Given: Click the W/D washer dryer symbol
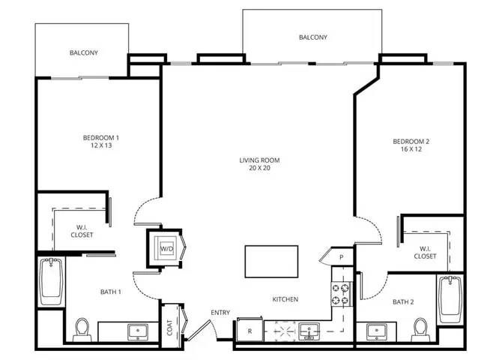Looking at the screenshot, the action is pyautogui.click(x=166, y=248).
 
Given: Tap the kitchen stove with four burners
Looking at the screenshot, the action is pyautogui.click(x=341, y=294).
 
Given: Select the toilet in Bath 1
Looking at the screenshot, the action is pyautogui.click(x=82, y=329).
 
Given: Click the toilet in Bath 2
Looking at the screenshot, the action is pyautogui.click(x=420, y=329).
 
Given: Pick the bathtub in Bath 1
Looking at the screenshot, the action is pyautogui.click(x=51, y=282).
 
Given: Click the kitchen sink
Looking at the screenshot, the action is pyautogui.click(x=309, y=331).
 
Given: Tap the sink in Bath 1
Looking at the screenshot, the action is pyautogui.click(x=138, y=332).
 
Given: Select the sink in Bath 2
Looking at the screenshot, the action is pyautogui.click(x=377, y=332).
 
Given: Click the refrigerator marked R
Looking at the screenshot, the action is pyautogui.click(x=250, y=330).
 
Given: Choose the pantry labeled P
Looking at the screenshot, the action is pyautogui.click(x=342, y=256).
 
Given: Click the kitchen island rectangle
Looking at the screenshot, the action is pyautogui.click(x=271, y=262).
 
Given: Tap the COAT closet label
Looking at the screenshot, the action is pyautogui.click(x=169, y=327).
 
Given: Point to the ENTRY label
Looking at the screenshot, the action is pyautogui.click(x=220, y=313).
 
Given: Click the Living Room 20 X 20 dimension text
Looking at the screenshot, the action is pyautogui.click(x=260, y=168).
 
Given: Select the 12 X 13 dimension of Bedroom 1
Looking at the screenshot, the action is pyautogui.click(x=101, y=145).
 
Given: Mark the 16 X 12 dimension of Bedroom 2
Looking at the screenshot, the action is pyautogui.click(x=411, y=149).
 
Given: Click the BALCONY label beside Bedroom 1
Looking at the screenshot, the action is pyautogui.click(x=84, y=52).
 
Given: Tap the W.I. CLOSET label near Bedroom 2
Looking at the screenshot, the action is pyautogui.click(x=425, y=252).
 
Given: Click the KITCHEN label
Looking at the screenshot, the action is pyautogui.click(x=285, y=299).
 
